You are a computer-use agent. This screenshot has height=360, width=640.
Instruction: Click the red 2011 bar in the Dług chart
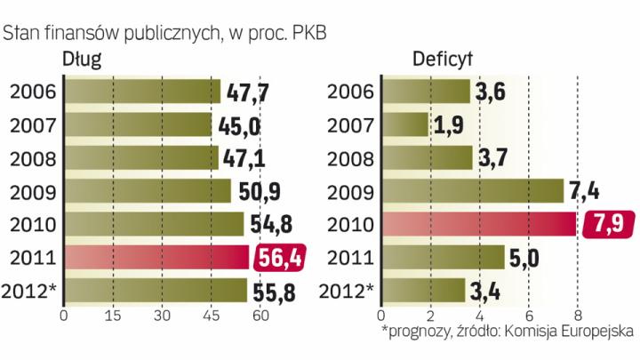click(156, 258)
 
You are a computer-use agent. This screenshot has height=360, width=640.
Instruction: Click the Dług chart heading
click(81, 60)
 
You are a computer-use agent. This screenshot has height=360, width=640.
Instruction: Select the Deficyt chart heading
click(443, 60)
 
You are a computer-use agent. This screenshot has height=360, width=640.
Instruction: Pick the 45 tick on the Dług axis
click(212, 316)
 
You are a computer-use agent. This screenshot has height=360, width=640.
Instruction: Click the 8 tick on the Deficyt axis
click(578, 316)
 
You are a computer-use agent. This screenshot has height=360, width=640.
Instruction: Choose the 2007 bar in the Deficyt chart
click(404, 124)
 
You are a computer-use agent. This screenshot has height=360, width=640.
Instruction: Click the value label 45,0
click(237, 124)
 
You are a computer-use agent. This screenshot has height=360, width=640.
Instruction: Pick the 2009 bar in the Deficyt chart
click(472, 191)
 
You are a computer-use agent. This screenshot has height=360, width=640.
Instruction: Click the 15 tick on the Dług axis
click(113, 316)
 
